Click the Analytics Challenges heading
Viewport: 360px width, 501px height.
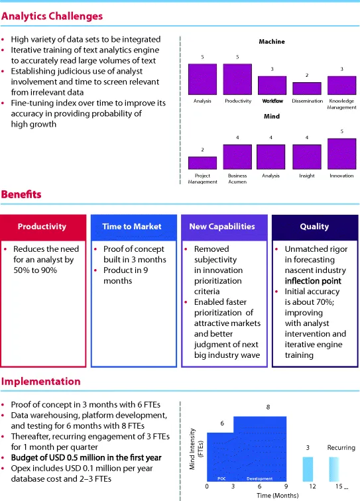pyautogui.click(x=52, y=15)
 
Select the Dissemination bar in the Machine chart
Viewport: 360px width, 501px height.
pyautogui.click(x=306, y=88)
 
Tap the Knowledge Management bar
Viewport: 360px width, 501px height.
pyautogui.click(x=341, y=85)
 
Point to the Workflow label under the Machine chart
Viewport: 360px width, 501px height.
pyautogui.click(x=272, y=101)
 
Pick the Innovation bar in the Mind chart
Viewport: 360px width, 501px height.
pyautogui.click(x=341, y=154)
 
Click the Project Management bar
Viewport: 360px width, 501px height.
pyautogui.click(x=202, y=162)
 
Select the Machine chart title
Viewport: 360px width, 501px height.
pyautogui.click(x=272, y=42)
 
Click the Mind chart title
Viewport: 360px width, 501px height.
pyautogui.click(x=272, y=117)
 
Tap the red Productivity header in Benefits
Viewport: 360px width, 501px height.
pyautogui.click(x=42, y=226)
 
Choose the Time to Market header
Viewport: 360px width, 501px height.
pyautogui.click(x=132, y=226)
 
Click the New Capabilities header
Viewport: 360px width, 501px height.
pyautogui.click(x=222, y=226)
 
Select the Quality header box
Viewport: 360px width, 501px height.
pyautogui.click(x=314, y=226)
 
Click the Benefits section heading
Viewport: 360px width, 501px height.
pyautogui.click(x=21, y=194)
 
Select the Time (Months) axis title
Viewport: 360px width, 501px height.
pyautogui.click(x=269, y=495)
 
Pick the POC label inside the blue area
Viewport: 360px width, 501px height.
pyautogui.click(x=221, y=478)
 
